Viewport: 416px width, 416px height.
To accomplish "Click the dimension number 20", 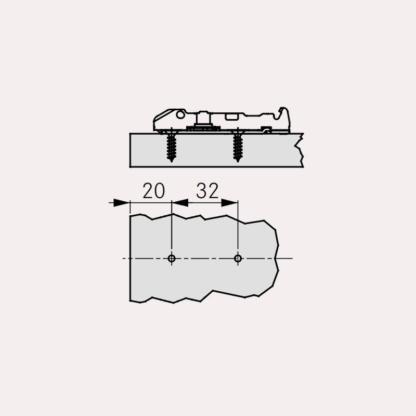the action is pyautogui.click(x=153, y=190).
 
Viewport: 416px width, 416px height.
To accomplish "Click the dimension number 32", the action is pyautogui.click(x=207, y=190).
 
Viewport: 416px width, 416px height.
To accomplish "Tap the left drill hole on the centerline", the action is pyautogui.click(x=172, y=258).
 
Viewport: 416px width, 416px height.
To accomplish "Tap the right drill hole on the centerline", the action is pyautogui.click(x=238, y=258).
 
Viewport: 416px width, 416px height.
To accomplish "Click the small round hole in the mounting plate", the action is pyautogui.click(x=180, y=114).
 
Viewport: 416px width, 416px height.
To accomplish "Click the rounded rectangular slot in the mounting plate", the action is pyautogui.click(x=231, y=116).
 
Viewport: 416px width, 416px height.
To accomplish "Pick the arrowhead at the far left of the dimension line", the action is pyautogui.click(x=122, y=203).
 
